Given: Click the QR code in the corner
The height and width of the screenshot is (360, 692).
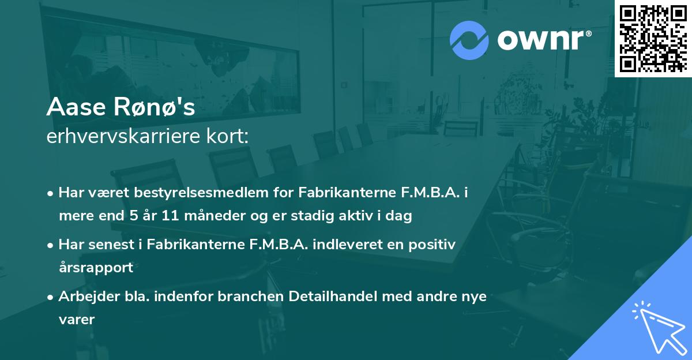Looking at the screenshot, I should point(653,38).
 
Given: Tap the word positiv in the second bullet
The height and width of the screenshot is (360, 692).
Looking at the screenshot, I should point(435,245).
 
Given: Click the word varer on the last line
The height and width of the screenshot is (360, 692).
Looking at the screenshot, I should point(76,319).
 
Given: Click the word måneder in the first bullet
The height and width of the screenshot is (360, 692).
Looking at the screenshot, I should point(200,216).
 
